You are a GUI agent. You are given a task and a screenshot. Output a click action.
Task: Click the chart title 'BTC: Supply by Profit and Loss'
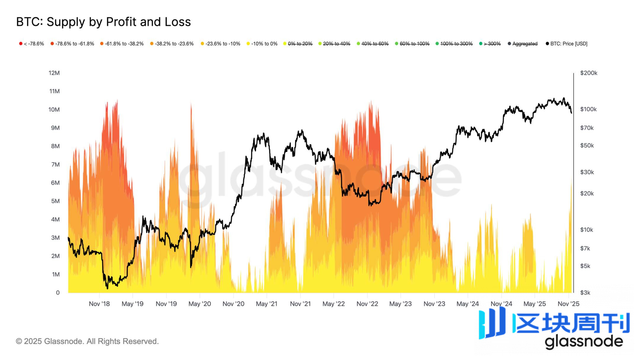coord(103,22)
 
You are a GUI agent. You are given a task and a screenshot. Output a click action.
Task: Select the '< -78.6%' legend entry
coord(32,44)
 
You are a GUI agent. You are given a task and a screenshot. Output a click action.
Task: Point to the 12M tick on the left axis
coord(54,73)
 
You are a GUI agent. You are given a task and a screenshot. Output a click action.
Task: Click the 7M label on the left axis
coord(55,164)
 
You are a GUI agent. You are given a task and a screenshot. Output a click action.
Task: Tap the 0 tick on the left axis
coord(58,293)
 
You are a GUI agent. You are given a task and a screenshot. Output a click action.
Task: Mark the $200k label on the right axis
coord(588,73)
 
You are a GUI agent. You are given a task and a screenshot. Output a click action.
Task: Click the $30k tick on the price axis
coord(587,172)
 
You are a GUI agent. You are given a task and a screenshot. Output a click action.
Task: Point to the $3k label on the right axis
coord(585,293)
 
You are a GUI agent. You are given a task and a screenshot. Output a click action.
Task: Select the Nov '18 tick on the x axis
coord(99,304)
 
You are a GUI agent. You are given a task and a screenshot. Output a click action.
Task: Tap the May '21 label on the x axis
coord(267,304)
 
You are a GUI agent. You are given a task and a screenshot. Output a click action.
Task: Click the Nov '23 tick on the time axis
coord(434,304)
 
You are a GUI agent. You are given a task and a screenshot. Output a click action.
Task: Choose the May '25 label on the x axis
coord(535,304)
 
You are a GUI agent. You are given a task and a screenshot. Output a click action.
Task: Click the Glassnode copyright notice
coord(87,341)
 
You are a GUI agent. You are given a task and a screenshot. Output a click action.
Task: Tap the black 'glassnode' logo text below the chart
coord(584,342)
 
